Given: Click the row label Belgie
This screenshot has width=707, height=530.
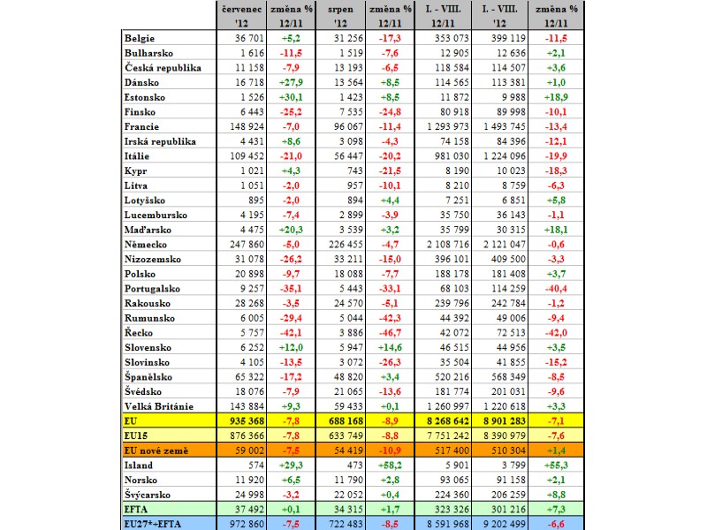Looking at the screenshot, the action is point(140,38).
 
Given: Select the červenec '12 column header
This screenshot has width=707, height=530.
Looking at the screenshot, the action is point(241,16).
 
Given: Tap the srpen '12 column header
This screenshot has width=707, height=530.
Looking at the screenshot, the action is point(340,16).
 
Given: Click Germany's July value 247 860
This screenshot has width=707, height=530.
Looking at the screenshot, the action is point(247,245).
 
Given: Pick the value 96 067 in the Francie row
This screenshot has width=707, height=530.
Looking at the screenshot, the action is point(348,126).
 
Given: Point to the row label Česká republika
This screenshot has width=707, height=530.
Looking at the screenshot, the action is point(163,68).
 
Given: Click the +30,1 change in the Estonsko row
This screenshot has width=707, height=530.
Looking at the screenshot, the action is point(291,97).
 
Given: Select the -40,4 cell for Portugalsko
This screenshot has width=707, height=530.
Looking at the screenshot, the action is point(557,289).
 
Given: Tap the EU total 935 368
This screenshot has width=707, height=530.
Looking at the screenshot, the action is point(247,421).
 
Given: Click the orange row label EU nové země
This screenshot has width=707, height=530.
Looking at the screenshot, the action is point(156,450).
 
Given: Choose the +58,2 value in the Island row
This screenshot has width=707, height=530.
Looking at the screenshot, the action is point(390,466).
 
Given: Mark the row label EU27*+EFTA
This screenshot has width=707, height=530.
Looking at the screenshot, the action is point(152,524).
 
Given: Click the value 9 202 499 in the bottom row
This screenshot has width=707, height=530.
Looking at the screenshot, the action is point(504,524).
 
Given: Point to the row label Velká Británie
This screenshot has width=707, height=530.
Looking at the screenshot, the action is point(159,406).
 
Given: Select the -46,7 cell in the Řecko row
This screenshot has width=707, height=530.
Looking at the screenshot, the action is point(390,333).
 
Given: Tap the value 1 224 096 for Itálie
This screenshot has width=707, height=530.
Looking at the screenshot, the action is point(504,156).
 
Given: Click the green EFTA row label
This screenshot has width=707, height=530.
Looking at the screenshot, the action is point(136,510).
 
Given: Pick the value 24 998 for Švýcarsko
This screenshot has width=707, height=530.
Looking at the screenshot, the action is point(249,495).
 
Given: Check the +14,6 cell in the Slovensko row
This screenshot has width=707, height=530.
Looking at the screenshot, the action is point(390,347).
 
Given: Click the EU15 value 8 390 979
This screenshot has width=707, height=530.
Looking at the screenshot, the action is point(504,435).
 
